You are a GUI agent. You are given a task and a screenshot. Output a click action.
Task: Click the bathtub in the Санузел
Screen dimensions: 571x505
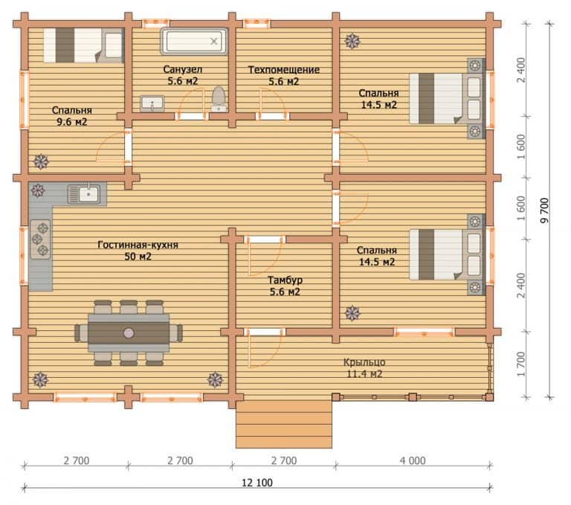click(x=194, y=42)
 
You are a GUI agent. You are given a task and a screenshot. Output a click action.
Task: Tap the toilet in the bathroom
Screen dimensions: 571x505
click(x=219, y=99)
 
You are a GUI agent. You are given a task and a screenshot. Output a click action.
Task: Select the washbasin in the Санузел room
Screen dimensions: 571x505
click(x=152, y=104)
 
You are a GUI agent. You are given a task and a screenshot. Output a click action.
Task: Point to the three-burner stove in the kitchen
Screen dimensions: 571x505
click(x=40, y=239)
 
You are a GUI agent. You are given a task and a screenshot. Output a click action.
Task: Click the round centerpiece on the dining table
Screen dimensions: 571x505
click(x=129, y=332)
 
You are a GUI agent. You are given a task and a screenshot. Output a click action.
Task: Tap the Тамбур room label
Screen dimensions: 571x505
click(x=285, y=280)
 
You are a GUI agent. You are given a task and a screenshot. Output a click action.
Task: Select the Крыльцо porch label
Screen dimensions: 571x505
click(x=364, y=362)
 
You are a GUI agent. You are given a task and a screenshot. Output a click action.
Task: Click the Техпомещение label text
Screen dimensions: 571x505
click(x=284, y=70)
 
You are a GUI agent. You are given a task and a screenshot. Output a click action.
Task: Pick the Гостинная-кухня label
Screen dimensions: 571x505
click(x=138, y=245)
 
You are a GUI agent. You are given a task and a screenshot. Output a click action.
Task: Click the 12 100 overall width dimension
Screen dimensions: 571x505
click(x=257, y=483)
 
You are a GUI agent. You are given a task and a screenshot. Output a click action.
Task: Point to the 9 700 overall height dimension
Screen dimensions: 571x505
click(x=544, y=210)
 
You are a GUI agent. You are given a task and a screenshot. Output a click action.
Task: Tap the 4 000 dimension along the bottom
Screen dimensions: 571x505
click(x=413, y=461)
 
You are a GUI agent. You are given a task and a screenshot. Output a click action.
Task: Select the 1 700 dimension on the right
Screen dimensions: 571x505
click(x=521, y=364)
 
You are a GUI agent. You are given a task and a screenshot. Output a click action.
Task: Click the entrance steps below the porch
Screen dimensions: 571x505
click(x=284, y=425)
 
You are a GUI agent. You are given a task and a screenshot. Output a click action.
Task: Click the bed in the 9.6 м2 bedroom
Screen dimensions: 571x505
click(x=84, y=45)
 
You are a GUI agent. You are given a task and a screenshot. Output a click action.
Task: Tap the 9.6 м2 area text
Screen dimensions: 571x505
click(x=71, y=122)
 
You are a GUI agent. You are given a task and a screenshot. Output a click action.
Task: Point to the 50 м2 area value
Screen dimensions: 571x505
click(x=138, y=257)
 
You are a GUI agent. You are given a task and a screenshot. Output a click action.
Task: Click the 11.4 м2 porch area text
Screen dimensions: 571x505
click(x=364, y=374)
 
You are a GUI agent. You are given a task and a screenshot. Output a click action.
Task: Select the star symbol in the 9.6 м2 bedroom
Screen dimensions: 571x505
click(x=41, y=161)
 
